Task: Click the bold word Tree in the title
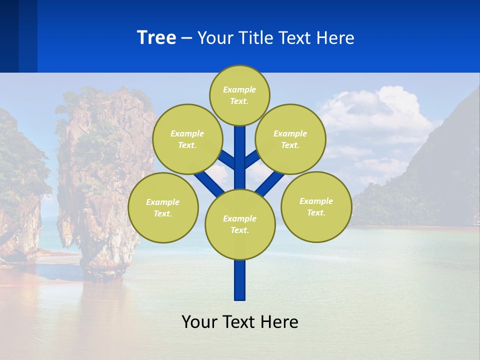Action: [x=156, y=38]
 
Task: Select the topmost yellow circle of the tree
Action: [x=239, y=95]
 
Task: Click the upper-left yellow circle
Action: [x=187, y=139]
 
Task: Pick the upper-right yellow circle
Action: [x=290, y=139]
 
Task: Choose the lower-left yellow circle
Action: [x=163, y=207]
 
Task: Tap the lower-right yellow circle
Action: [x=316, y=206]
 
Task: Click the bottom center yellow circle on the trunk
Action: [x=240, y=224]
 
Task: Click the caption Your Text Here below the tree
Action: [x=240, y=322]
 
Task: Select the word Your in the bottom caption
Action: [x=199, y=322]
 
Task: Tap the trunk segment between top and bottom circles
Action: [x=240, y=160]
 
